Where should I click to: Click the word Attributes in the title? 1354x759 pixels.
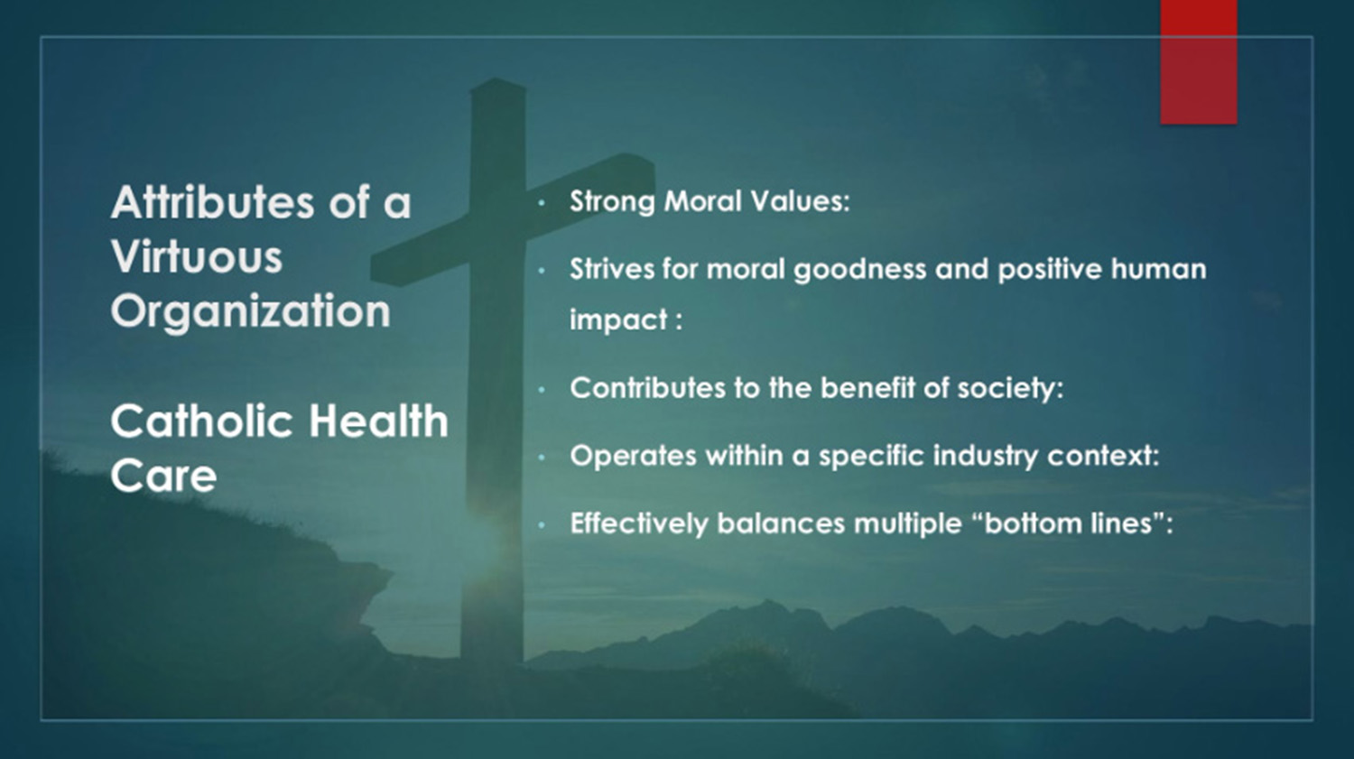(x=212, y=202)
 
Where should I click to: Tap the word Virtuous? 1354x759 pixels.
(x=197, y=257)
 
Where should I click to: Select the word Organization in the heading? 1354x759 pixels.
(x=250, y=312)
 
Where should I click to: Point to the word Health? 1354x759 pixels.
(x=379, y=421)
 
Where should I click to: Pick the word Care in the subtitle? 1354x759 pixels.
(x=163, y=476)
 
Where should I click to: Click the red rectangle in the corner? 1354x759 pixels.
(x=1198, y=61)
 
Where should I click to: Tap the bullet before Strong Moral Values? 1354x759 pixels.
(x=542, y=203)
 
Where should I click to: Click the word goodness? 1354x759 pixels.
(x=859, y=270)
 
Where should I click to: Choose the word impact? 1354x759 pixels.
(x=618, y=320)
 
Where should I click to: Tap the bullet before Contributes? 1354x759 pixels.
(x=542, y=391)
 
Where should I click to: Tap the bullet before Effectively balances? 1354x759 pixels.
(x=542, y=525)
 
